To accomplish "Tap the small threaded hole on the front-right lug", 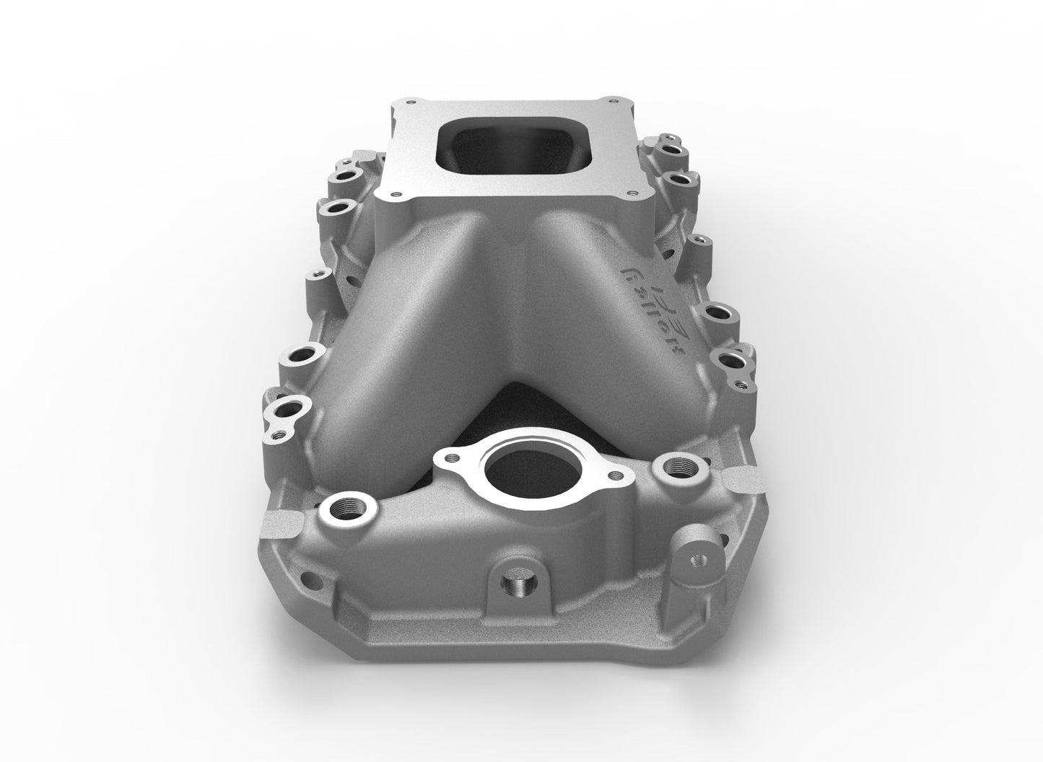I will [698, 559].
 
